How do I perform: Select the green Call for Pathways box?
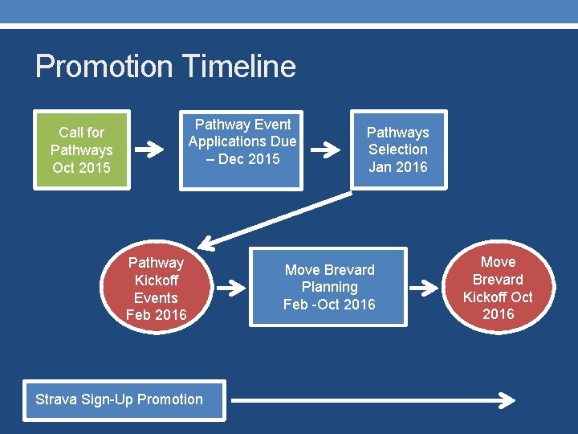81,149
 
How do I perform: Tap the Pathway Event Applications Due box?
242,149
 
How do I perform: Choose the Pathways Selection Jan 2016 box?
398,149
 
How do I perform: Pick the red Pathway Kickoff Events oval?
156,289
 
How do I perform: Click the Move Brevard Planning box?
329,287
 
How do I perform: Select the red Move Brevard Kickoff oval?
498,288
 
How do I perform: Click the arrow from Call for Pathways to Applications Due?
150,149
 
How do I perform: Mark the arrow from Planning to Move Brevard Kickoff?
425,288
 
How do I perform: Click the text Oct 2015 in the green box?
81,168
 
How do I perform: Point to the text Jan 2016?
398,167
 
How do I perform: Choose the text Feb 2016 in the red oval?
156,315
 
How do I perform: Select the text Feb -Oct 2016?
329,305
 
